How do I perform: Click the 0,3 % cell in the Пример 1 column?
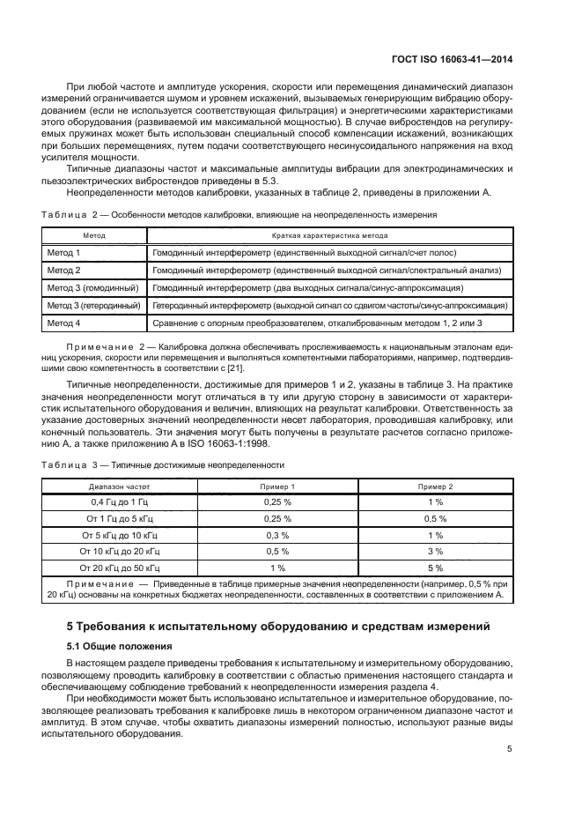(x=277, y=535)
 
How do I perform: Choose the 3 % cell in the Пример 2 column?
(x=435, y=552)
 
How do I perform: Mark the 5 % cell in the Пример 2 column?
(x=435, y=568)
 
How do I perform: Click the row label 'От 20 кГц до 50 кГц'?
(x=121, y=568)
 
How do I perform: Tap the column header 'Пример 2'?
(x=435, y=485)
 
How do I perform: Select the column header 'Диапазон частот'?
(x=121, y=485)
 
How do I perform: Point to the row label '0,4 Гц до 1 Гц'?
(x=121, y=501)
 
